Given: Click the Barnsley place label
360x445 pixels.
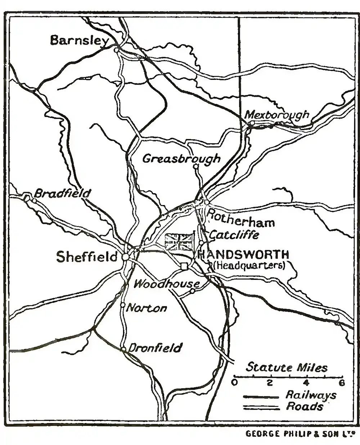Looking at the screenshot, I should pyautogui.click(x=79, y=40).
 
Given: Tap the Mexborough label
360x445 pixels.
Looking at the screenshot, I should pyautogui.click(x=277, y=115).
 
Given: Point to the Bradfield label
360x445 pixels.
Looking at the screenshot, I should pyautogui.click(x=62, y=194).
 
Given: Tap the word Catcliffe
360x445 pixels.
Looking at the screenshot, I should pyautogui.click(x=234, y=235).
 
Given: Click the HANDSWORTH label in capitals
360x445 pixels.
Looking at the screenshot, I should pyautogui.click(x=243, y=255).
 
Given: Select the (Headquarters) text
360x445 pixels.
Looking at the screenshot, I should pyautogui.click(x=249, y=265).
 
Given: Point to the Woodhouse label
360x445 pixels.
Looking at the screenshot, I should pyautogui.click(x=166, y=284).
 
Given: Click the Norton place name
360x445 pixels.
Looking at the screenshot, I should pyautogui.click(x=147, y=308).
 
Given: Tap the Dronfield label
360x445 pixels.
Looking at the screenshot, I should pyautogui.click(x=155, y=348).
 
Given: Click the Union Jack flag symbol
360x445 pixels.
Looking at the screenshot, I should pyautogui.click(x=179, y=242).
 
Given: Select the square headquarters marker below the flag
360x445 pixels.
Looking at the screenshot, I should pyautogui.click(x=184, y=266).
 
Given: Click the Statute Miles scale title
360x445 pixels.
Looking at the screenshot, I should pyautogui.click(x=287, y=367).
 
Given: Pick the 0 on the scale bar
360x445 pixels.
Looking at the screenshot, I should pyautogui.click(x=235, y=383).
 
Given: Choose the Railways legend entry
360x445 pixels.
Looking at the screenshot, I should pyautogui.click(x=311, y=395).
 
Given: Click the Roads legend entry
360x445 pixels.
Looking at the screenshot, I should pyautogui.click(x=304, y=407).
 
